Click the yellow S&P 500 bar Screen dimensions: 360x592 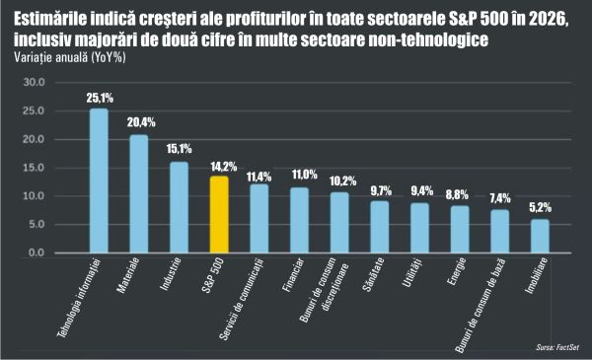[219, 214]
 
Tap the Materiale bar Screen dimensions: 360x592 [139, 194]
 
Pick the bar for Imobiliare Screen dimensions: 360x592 [540, 236]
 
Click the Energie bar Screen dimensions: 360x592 [460, 229]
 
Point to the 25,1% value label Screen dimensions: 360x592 [99, 99]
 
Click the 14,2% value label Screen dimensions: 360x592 [219, 167]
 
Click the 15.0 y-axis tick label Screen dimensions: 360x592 [34, 168]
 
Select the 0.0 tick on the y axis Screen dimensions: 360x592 [37, 252]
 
